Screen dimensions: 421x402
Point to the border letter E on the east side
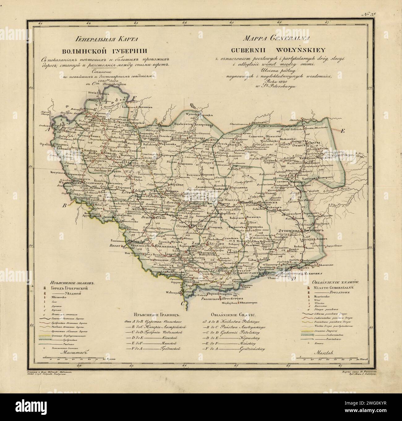pyautogui.click(x=342, y=131)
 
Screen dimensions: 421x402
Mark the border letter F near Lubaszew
pyautogui.click(x=134, y=98)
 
